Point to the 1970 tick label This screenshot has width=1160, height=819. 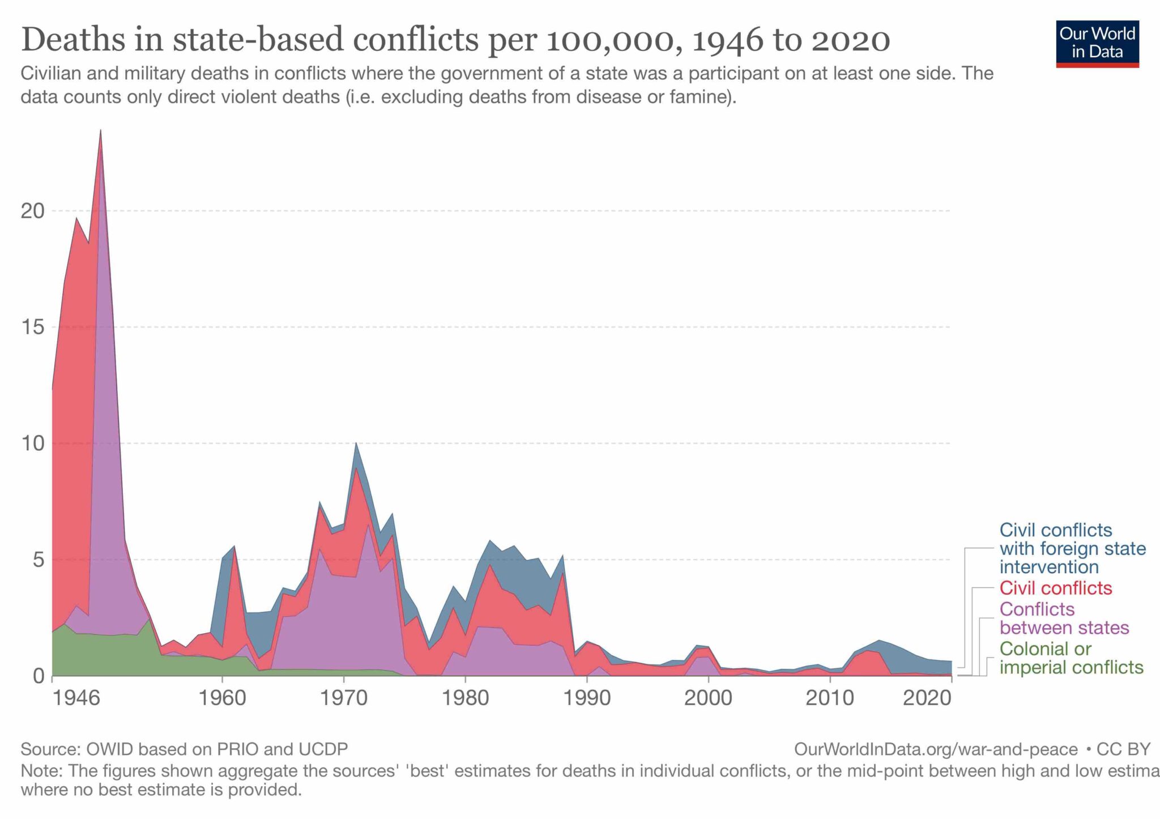click(343, 698)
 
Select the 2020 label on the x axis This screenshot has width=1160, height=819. click(927, 698)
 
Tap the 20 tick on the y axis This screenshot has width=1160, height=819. click(32, 211)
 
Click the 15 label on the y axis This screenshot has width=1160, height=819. click(32, 327)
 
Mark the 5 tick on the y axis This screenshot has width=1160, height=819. click(37, 560)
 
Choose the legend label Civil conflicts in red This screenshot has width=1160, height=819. click(1056, 588)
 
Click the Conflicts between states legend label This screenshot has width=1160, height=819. click(1064, 618)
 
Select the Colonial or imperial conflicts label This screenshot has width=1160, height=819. click(1071, 658)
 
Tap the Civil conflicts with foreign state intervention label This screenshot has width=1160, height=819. click(1072, 548)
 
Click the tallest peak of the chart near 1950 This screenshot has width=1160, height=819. click(100, 131)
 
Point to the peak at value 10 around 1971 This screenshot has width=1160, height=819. click(356, 443)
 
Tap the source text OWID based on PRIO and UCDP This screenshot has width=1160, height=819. click(217, 749)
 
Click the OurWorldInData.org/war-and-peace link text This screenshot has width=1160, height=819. click(936, 749)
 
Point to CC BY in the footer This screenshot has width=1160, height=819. click(1123, 749)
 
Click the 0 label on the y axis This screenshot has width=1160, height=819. click(38, 676)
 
